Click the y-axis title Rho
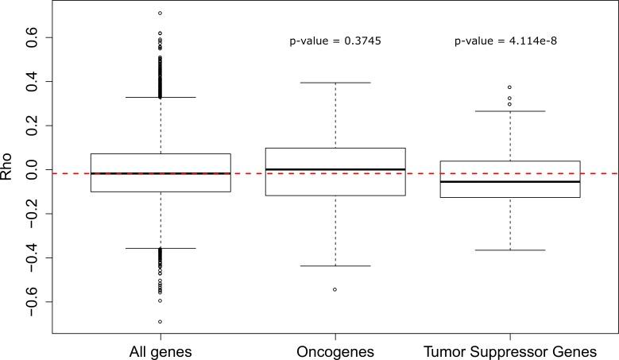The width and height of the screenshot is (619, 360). point(8,170)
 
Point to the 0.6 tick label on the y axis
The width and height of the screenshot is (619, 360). point(33,37)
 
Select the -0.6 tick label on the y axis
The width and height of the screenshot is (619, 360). point(33,302)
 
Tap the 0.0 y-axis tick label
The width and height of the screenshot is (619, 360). point(33,170)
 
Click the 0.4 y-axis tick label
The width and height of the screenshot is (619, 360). point(33,82)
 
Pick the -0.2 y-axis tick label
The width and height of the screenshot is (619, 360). point(33,214)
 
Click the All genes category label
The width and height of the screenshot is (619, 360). point(161,350)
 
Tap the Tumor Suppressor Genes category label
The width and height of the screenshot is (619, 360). point(509,350)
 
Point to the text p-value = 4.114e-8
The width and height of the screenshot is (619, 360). point(509,41)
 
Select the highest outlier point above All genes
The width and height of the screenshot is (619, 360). point(161,13)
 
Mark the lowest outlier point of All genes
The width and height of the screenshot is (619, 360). point(161,322)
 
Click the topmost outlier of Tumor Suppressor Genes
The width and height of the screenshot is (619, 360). point(509,87)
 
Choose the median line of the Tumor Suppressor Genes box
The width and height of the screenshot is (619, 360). point(509,182)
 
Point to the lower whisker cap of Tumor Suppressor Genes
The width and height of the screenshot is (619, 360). point(509,250)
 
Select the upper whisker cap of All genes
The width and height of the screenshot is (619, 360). point(161,97)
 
